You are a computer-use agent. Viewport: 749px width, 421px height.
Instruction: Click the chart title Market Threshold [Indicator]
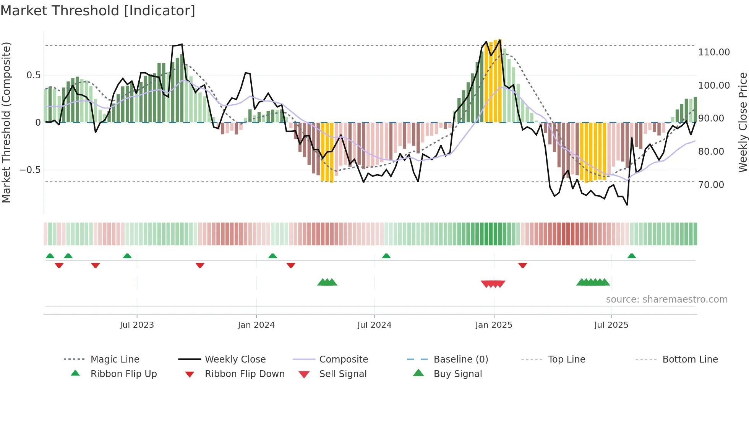[x=98, y=11]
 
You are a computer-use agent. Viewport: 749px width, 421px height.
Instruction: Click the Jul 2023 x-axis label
[x=137, y=325]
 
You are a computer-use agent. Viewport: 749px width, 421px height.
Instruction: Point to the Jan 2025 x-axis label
[x=494, y=325]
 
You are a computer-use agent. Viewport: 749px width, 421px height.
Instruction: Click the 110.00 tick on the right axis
[x=714, y=52]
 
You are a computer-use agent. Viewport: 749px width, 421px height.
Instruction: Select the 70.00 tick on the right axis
[x=711, y=185]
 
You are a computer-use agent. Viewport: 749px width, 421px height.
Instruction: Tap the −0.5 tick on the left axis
[x=30, y=170]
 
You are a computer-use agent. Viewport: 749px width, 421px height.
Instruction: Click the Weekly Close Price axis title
[x=743, y=122]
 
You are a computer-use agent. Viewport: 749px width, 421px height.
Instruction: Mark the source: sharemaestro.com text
[x=666, y=300]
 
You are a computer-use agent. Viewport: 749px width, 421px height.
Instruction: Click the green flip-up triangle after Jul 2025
[x=632, y=256]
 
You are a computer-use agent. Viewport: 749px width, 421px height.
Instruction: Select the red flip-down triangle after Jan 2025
[x=523, y=265]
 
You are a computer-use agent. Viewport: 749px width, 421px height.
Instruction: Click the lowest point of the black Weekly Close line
[x=627, y=205]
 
